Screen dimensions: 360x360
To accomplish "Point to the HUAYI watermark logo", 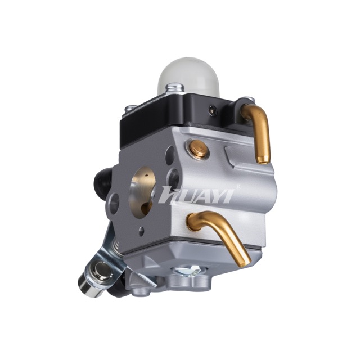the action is coord(196,195).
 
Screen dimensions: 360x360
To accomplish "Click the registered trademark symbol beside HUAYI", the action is coord(238,186).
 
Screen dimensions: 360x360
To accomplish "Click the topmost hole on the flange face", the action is coord(170,155).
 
